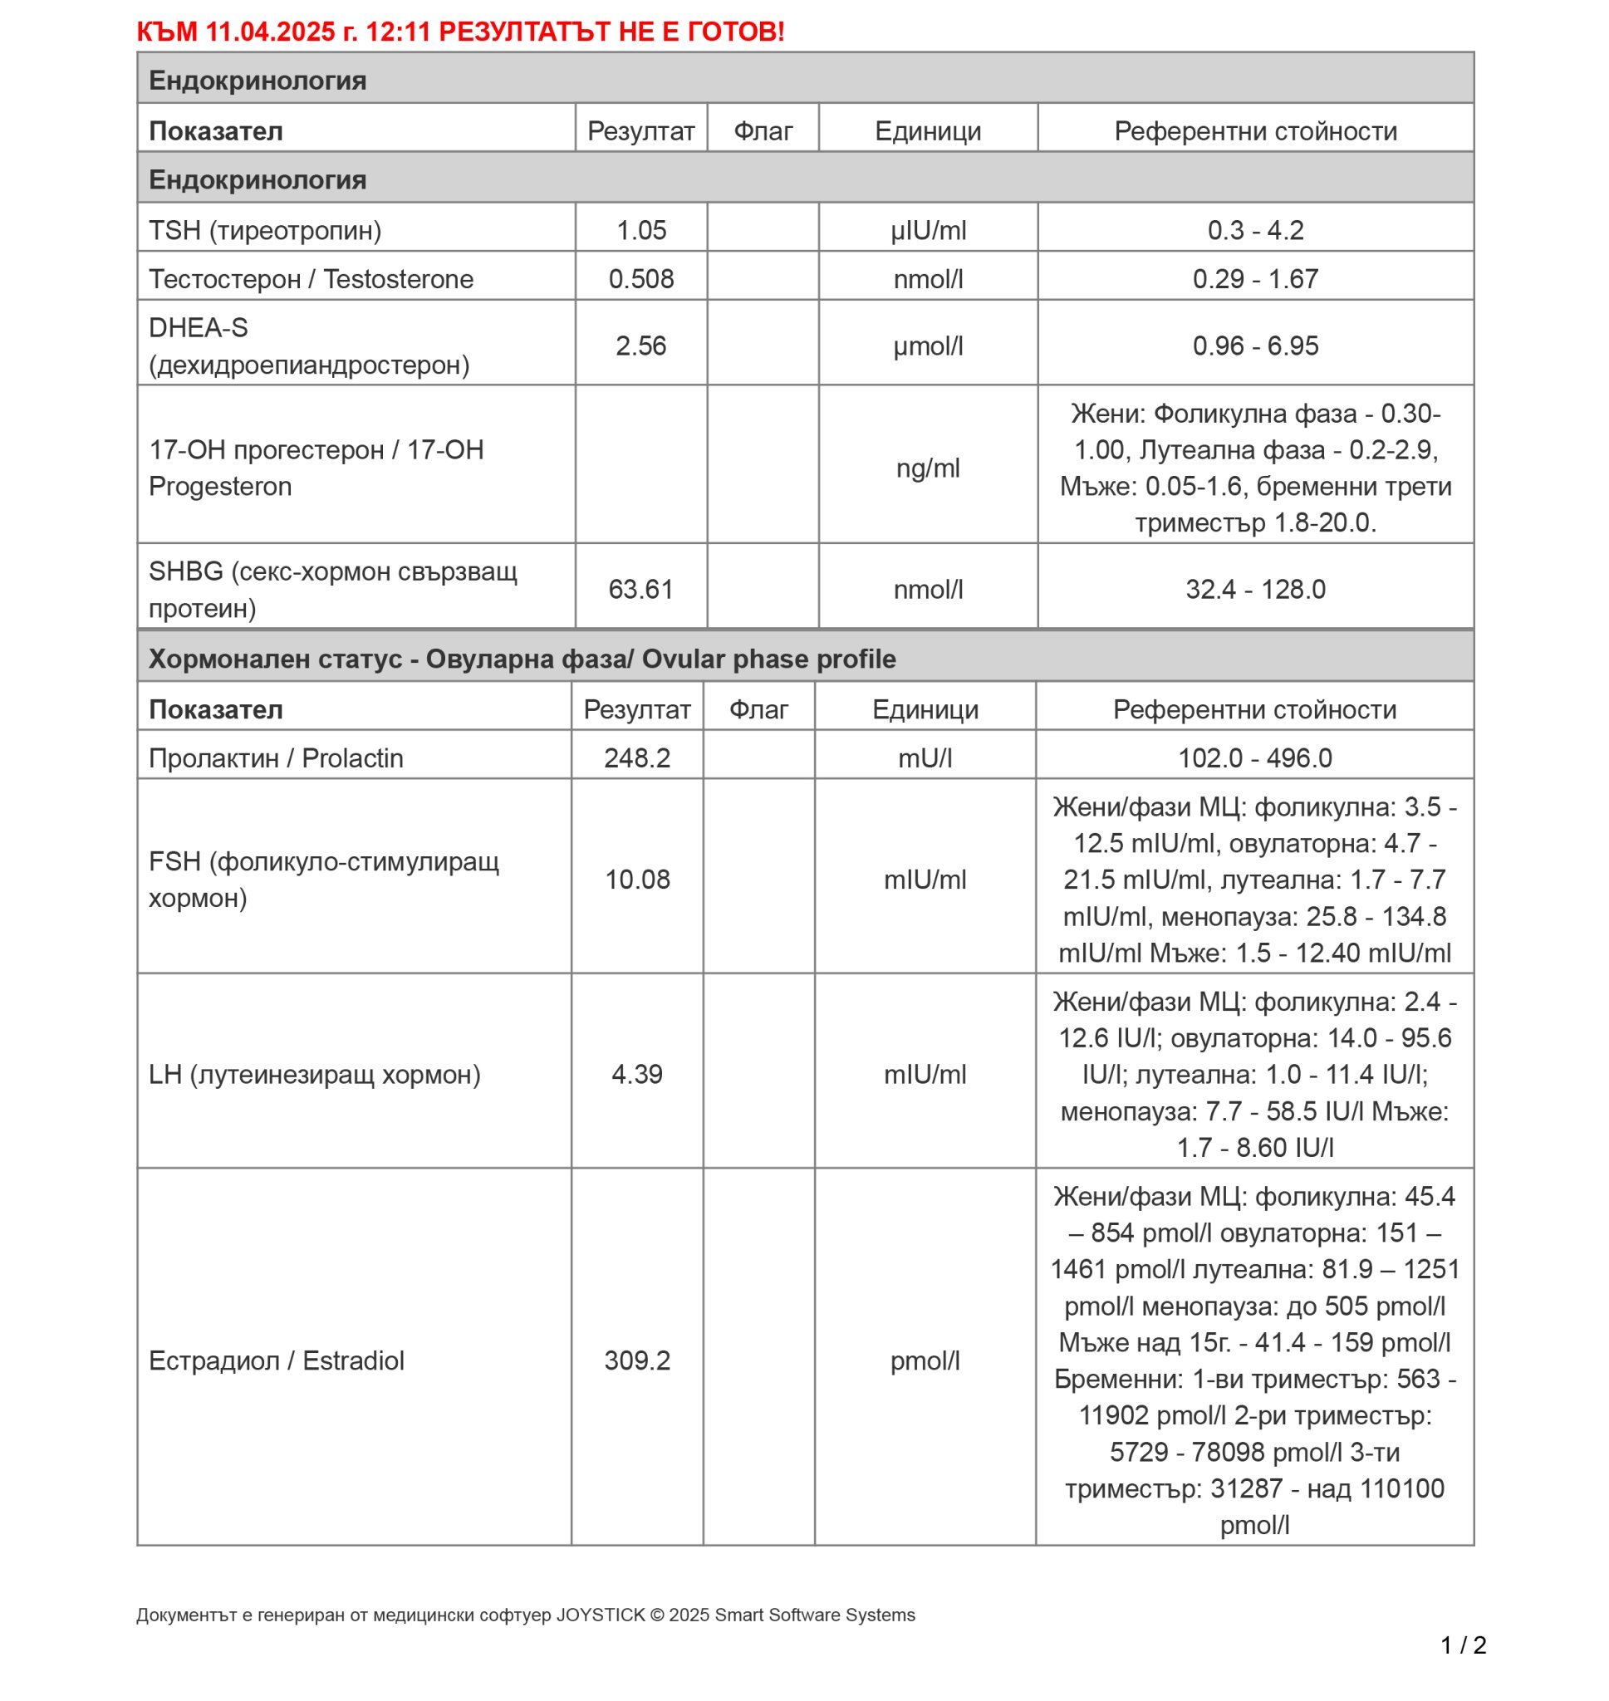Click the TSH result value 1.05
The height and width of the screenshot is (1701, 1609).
click(640, 230)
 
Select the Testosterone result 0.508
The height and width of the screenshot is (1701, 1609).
click(640, 278)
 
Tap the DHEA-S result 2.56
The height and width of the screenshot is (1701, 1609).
click(640, 346)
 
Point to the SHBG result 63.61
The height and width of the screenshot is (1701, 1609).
click(640, 589)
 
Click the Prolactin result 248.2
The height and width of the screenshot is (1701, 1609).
click(636, 758)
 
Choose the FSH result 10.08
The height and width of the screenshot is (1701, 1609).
click(636, 879)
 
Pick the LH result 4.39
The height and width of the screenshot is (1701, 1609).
click(636, 1073)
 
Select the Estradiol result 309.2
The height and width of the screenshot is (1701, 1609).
click(636, 1360)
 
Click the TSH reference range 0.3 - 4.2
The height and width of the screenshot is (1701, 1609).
click(1255, 230)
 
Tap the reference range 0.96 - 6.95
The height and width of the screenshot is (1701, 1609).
click(1255, 346)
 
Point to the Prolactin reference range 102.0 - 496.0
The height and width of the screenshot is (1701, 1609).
click(1254, 758)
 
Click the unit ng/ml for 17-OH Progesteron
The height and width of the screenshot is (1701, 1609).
click(927, 468)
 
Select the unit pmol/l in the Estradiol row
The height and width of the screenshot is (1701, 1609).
click(925, 1360)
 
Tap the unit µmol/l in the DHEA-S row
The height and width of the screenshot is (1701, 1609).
click(927, 346)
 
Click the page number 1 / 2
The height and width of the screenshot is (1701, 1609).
click(1463, 1645)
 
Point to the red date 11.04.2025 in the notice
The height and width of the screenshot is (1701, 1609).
click(269, 32)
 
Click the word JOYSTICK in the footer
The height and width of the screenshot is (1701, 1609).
click(600, 1615)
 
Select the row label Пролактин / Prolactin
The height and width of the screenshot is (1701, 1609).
click(275, 758)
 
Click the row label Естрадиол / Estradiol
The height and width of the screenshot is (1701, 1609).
click(276, 1360)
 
